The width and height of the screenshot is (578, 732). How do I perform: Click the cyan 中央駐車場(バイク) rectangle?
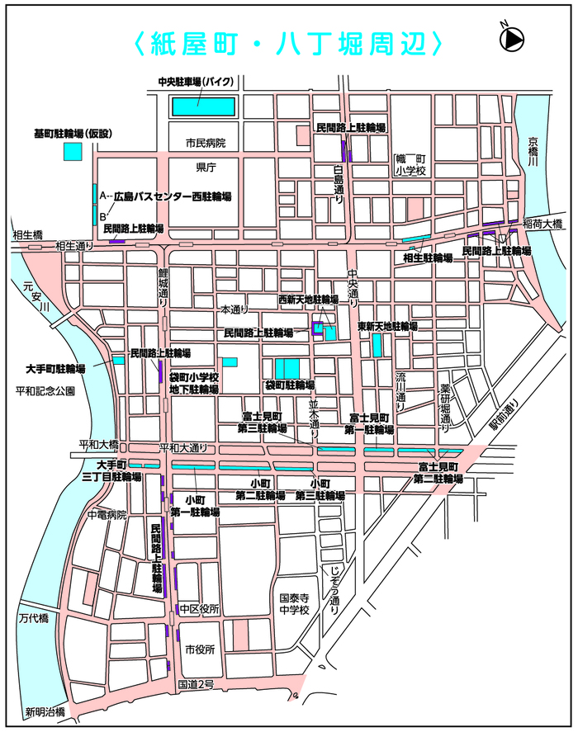point(203,106)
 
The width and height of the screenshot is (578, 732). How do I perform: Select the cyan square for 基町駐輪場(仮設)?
point(73,152)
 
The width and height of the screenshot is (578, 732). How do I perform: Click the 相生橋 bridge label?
point(27,234)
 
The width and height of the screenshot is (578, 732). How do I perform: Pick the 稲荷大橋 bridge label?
point(542,224)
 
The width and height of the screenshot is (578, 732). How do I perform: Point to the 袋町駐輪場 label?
point(289,385)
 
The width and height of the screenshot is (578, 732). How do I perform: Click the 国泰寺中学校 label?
point(293,604)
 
